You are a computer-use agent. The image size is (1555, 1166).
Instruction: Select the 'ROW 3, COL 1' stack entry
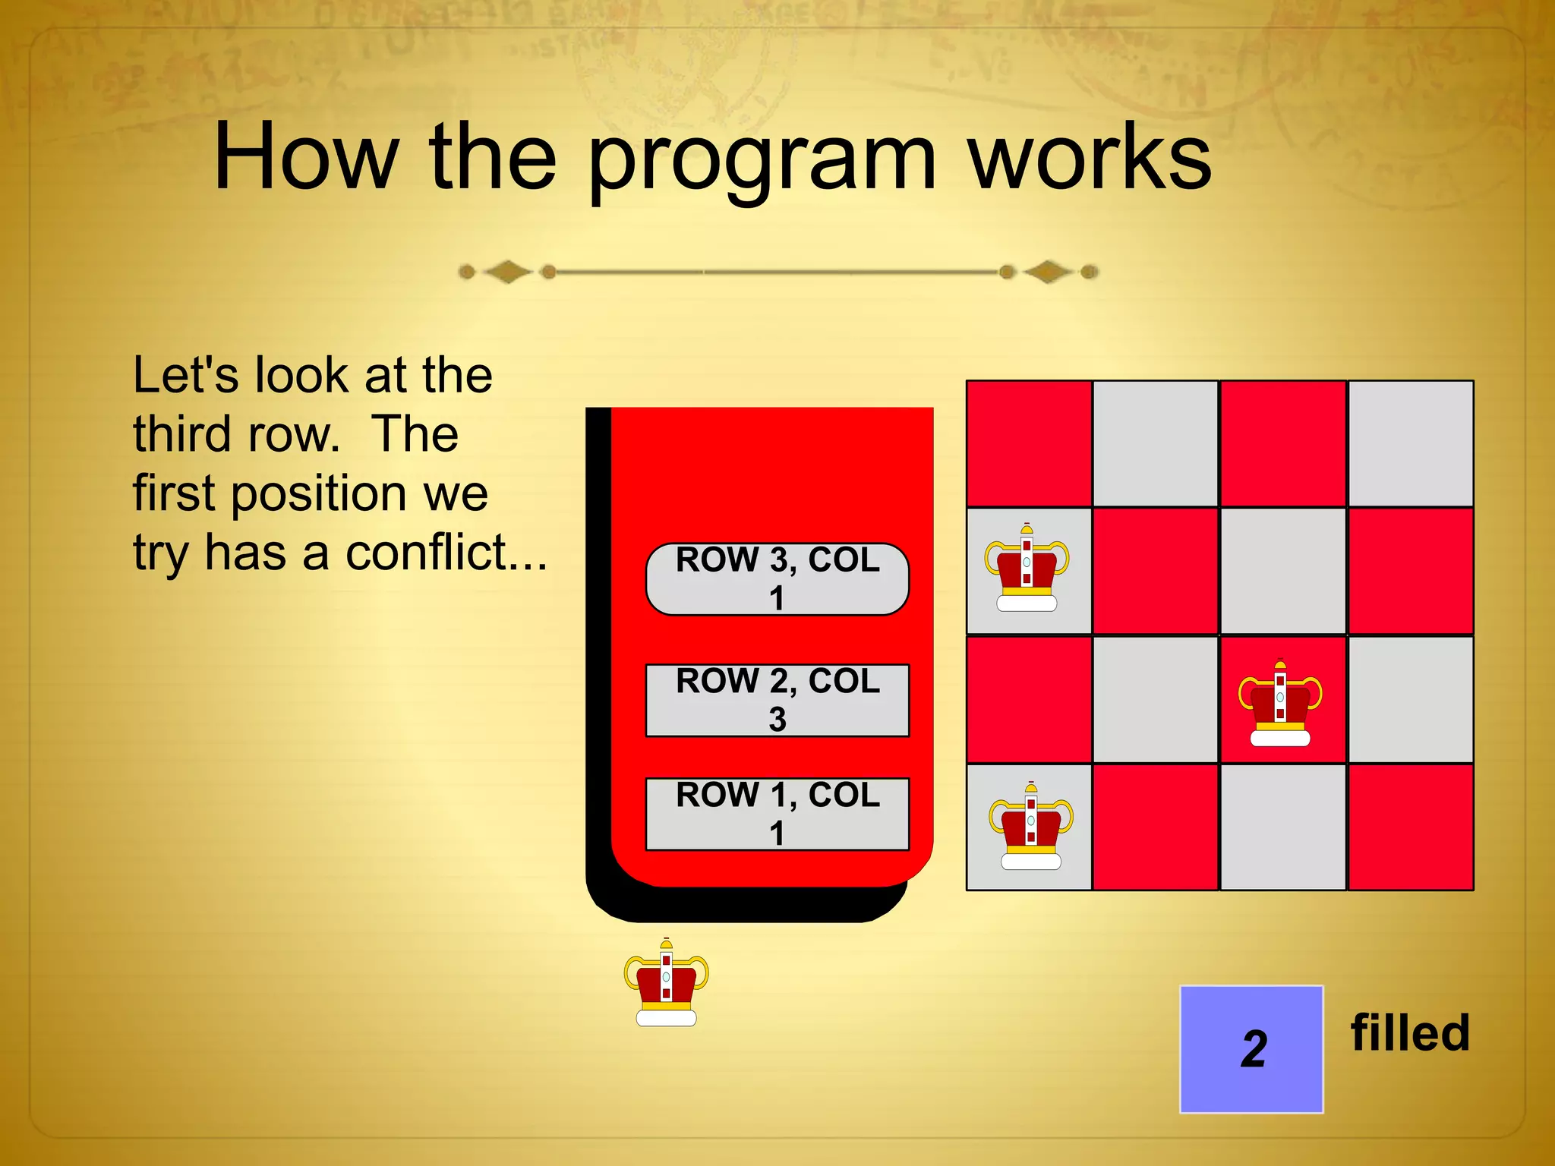[777, 578]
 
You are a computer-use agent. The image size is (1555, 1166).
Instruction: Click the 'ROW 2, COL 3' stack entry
[777, 700]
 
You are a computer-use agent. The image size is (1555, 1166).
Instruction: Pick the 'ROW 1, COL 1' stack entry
[777, 814]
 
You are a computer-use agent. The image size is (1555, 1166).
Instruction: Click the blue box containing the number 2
[1251, 1049]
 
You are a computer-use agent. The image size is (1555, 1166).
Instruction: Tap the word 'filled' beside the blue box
[1410, 1033]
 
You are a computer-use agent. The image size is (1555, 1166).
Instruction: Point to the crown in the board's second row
[1027, 569]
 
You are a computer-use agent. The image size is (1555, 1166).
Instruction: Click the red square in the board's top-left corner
[1029, 443]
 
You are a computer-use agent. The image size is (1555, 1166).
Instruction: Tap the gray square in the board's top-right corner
[1410, 443]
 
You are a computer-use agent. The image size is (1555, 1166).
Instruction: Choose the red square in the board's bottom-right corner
[1410, 827]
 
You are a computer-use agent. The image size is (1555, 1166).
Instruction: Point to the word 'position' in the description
[319, 493]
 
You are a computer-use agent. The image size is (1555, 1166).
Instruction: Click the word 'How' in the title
[306, 158]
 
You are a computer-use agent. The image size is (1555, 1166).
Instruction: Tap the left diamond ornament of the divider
[507, 271]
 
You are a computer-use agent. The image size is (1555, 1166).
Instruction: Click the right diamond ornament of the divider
[1048, 271]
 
